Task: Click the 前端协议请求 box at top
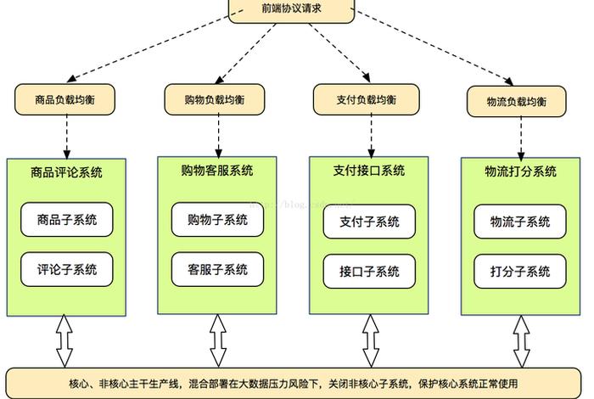tap(291, 10)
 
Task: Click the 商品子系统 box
tap(67, 220)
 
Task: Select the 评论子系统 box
tap(67, 269)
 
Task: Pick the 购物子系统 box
tap(217, 220)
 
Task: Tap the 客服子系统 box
tap(217, 269)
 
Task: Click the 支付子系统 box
tap(369, 222)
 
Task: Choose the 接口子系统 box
tap(369, 271)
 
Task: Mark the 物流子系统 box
tap(520, 222)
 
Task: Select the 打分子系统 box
tap(520, 271)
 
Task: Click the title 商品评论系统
tap(66, 172)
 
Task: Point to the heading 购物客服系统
tap(217, 171)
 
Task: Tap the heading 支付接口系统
tap(369, 171)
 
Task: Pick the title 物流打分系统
tap(520, 171)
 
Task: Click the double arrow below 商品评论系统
tap(65, 340)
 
